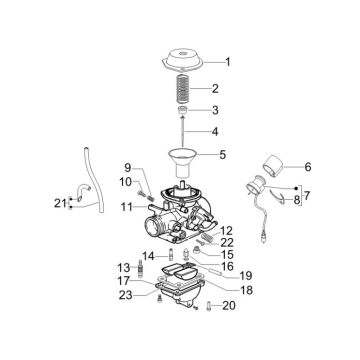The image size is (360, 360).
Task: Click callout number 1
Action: tap(228, 61)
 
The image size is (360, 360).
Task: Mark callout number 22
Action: tap(227, 243)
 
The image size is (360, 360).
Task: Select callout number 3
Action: tap(228, 109)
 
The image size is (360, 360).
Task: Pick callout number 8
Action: tap(296, 201)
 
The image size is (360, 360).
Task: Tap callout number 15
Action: tap(227, 255)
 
